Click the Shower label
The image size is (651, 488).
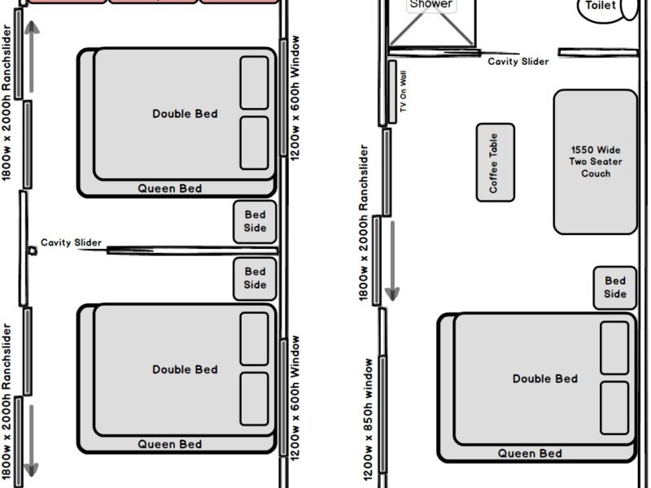click(431, 4)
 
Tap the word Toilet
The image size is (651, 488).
click(601, 6)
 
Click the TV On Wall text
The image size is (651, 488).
click(403, 91)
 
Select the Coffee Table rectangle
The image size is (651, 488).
click(496, 163)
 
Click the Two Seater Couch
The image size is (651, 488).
click(596, 162)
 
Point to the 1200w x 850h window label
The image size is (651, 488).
click(369, 420)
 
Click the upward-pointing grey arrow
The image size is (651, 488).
click(32, 57)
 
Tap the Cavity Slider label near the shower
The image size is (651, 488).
click(518, 62)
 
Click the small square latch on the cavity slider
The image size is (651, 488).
click(33, 251)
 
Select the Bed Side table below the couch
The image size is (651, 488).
click(615, 288)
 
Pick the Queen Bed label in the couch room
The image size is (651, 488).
click(530, 454)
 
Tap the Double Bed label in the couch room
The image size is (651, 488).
click(544, 379)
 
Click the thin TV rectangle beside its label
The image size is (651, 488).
click(392, 92)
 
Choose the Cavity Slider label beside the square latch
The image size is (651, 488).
click(71, 242)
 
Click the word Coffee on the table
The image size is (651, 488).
click(493, 177)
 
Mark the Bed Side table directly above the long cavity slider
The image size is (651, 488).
click(255, 221)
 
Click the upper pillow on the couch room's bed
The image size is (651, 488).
click(614, 348)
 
